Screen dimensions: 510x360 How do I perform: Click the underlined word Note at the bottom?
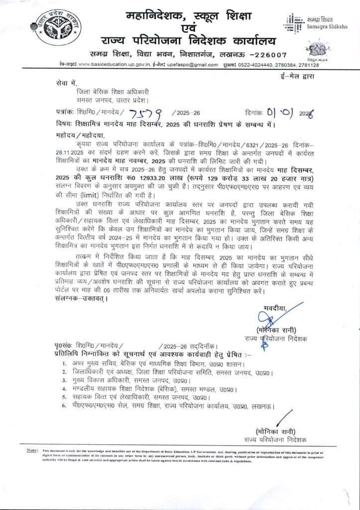coord(32,451)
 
